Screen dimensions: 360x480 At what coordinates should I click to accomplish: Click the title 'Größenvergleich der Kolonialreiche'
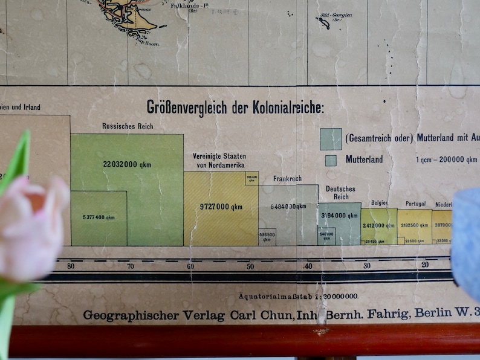[x=235, y=108]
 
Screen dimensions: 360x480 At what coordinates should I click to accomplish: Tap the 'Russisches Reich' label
[x=128, y=126]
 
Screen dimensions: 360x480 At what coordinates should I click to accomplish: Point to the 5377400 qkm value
[x=99, y=217]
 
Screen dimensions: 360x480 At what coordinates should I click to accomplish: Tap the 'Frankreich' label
[x=287, y=179]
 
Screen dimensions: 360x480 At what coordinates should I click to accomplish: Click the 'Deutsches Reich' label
[x=340, y=193]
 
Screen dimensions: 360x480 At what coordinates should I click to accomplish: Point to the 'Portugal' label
[x=415, y=204]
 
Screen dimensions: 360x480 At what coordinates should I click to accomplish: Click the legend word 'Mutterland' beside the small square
[x=364, y=160]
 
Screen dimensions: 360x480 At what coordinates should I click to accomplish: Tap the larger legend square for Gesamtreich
[x=331, y=139]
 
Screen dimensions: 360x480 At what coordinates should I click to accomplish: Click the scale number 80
[x=71, y=266]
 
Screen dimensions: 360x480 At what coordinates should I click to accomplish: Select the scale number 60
[x=190, y=266]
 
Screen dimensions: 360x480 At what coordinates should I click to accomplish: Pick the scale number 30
[x=367, y=266]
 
